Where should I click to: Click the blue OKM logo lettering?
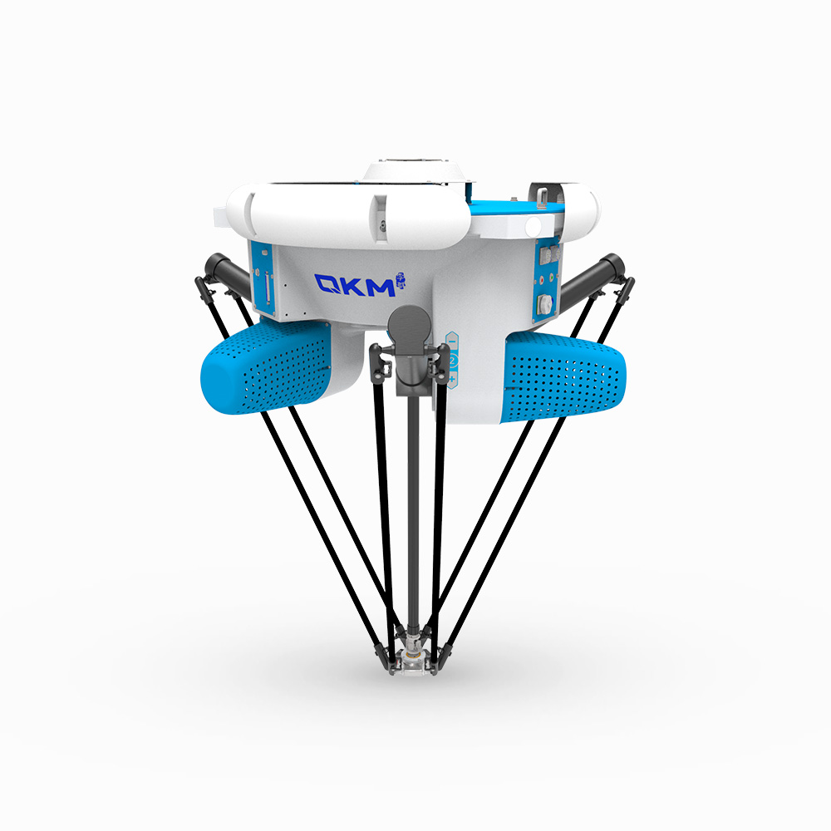pos(355,285)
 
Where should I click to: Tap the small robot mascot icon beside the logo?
pos(401,280)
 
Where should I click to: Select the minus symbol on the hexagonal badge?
pos(453,342)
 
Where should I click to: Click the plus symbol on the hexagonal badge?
pos(451,378)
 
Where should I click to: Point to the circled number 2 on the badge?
pos(452,361)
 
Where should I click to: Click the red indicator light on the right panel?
pos(541,280)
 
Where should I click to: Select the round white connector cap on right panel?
pos(545,304)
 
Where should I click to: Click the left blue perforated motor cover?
pos(266,366)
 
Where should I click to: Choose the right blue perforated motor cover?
pos(563,376)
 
